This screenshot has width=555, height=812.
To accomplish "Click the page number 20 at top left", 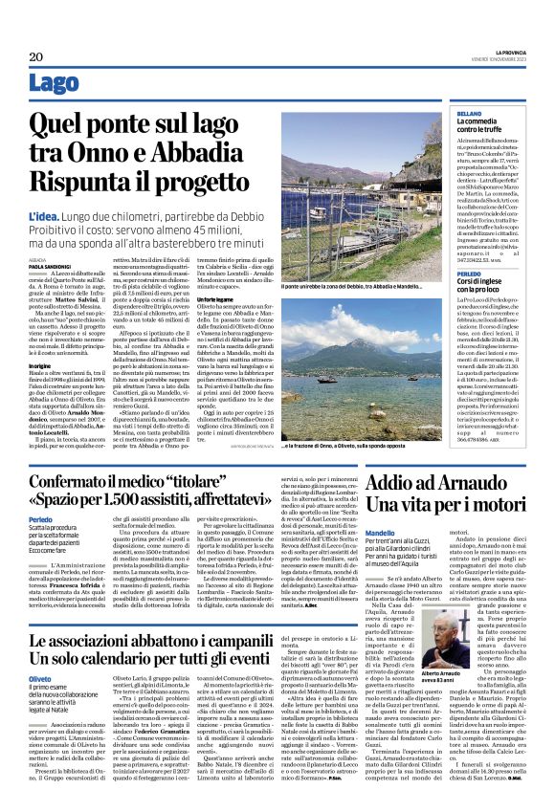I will pyautogui.click(x=35, y=55).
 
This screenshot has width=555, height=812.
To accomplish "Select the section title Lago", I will pyautogui.click(x=55, y=84).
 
